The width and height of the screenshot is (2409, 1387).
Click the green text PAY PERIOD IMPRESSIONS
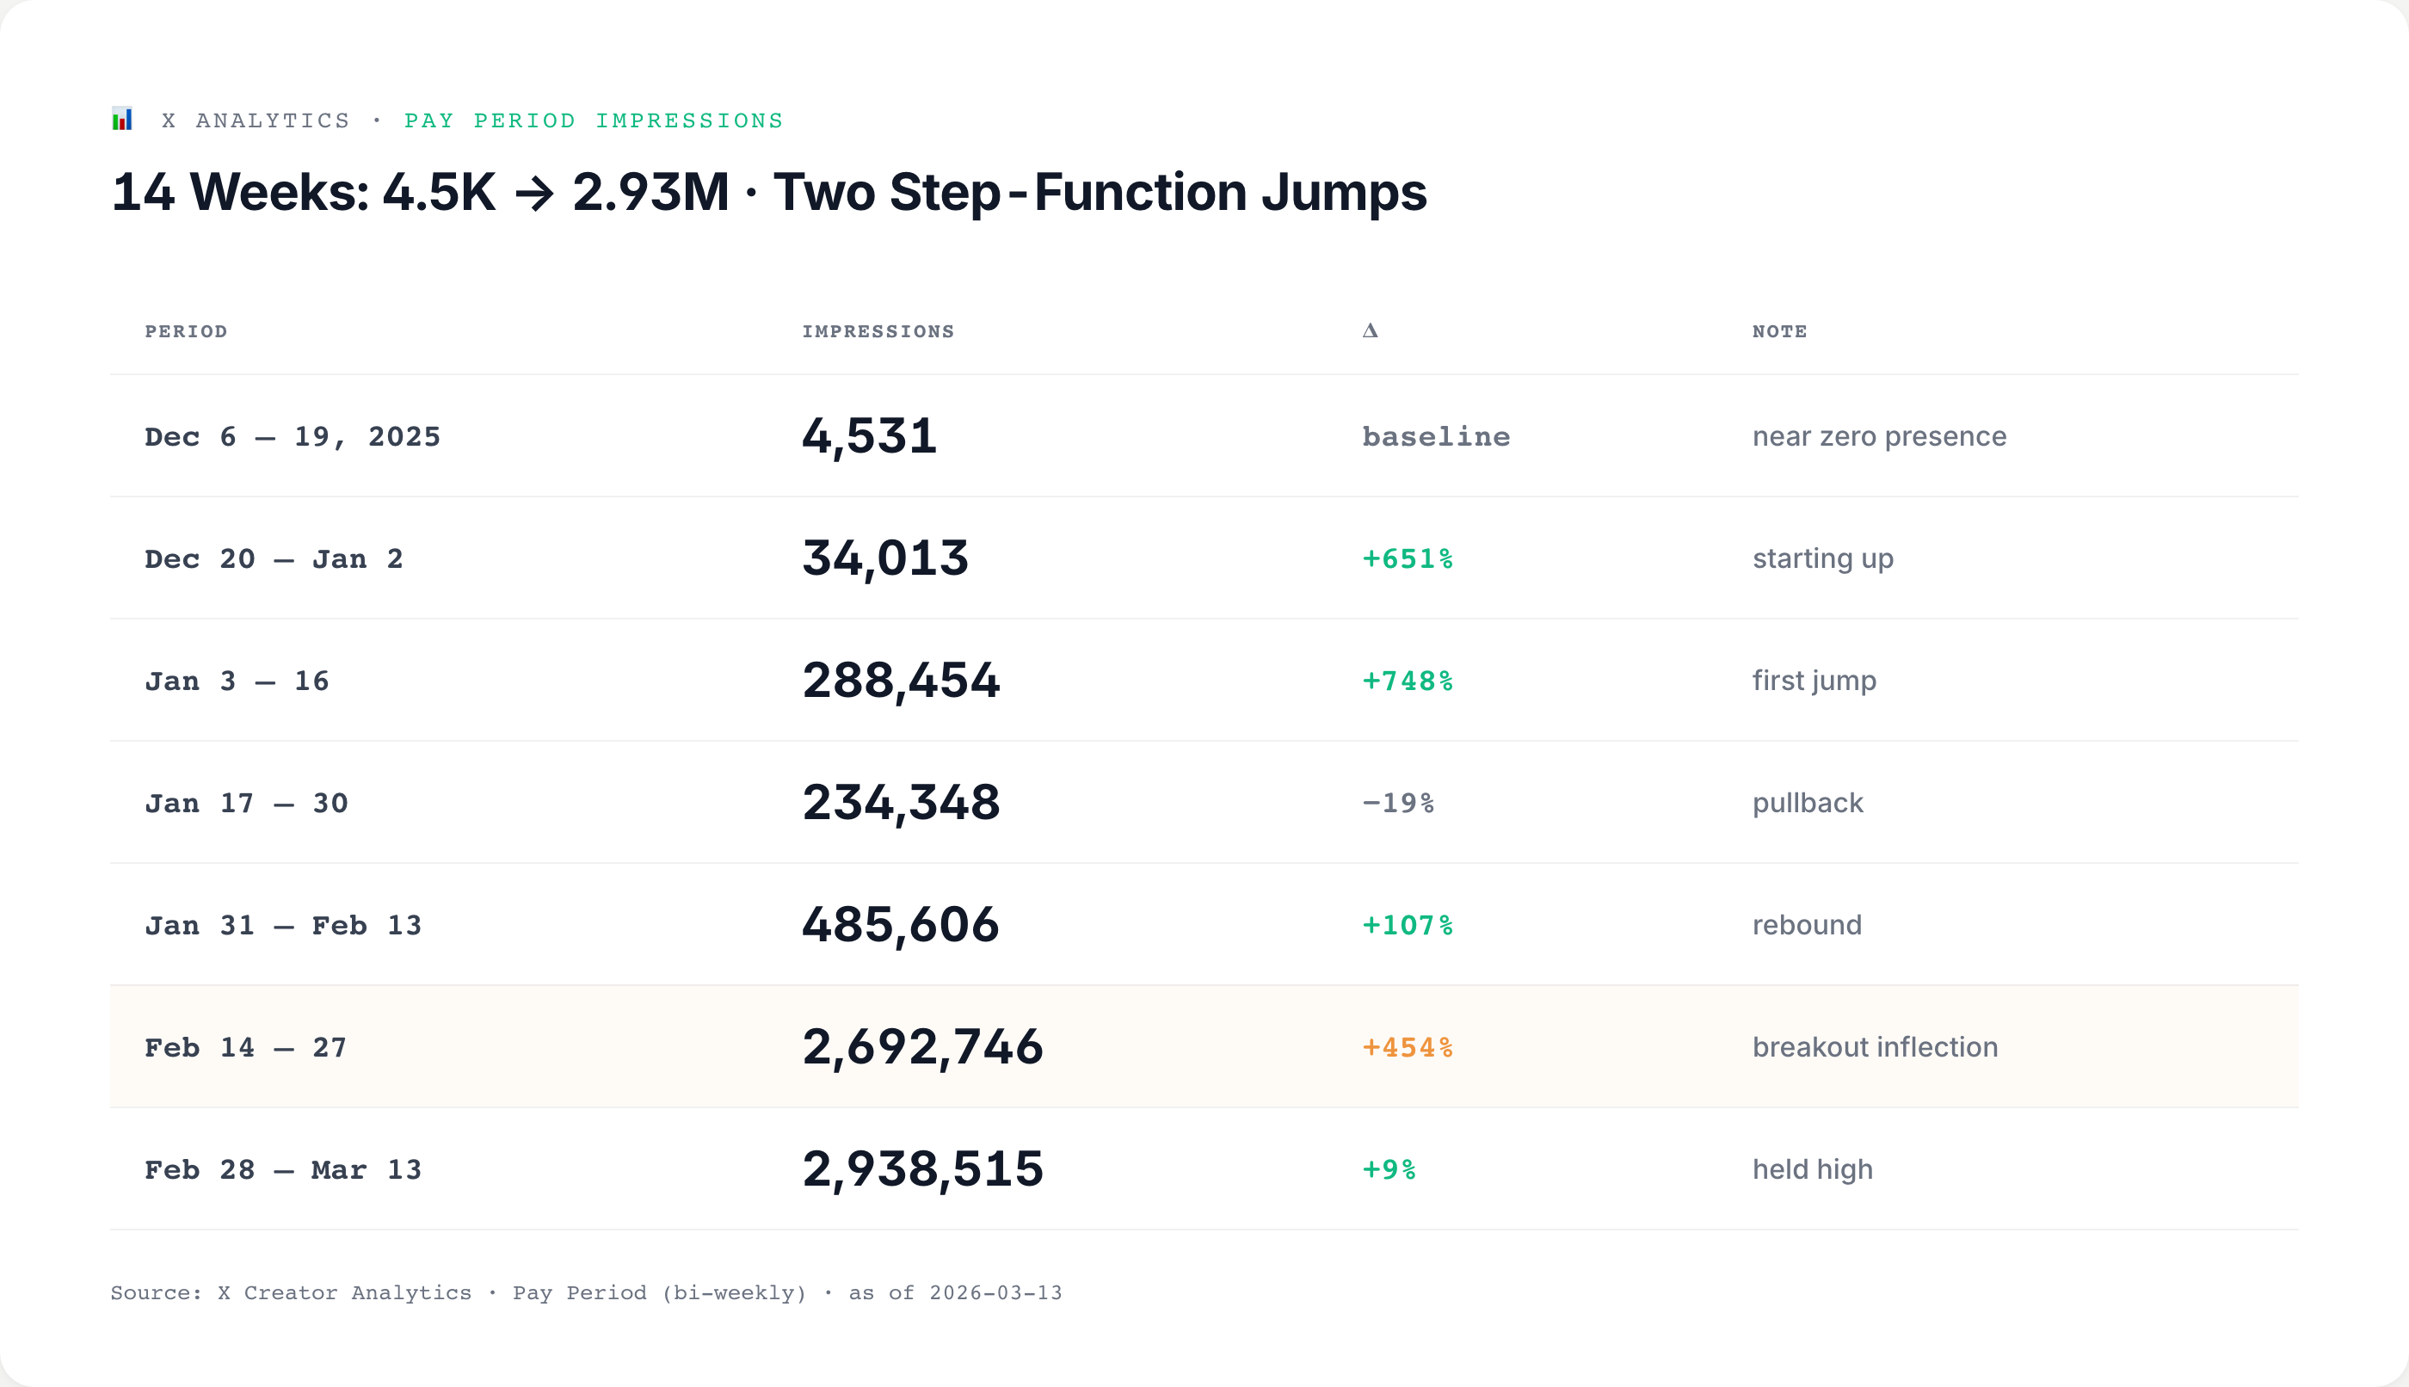pos(594,121)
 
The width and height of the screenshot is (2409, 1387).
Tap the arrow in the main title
pos(533,194)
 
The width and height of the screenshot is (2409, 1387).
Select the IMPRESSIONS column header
pos(878,331)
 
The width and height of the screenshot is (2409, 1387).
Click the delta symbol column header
pos(1370,330)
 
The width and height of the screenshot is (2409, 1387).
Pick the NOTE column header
pos(1779,331)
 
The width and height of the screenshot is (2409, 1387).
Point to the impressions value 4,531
pos(869,436)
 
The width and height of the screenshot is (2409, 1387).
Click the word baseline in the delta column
pos(1435,437)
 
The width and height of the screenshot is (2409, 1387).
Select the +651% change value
pos(1407,559)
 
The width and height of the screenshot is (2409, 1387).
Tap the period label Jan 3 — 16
pos(237,681)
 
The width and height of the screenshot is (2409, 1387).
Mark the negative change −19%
pos(1397,803)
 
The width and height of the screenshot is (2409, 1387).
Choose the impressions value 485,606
pos(900,925)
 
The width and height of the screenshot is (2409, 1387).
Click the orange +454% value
pos(1407,1048)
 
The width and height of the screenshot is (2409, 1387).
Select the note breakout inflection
pos(1875,1047)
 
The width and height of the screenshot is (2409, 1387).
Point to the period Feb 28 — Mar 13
pos(283,1170)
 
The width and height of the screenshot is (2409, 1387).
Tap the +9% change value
pos(1389,1170)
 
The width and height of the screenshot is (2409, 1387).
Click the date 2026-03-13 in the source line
pos(995,1292)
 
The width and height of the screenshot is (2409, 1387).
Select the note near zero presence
pos(1878,436)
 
